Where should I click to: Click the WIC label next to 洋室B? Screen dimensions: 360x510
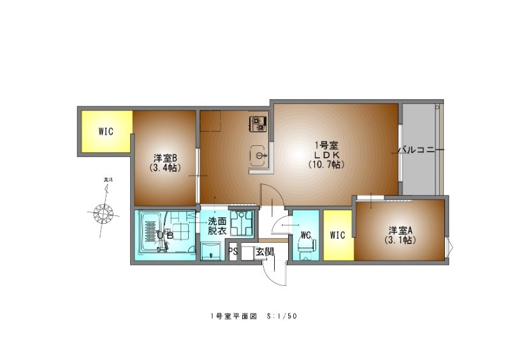click(x=106, y=132)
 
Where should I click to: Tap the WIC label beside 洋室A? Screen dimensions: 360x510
click(x=337, y=235)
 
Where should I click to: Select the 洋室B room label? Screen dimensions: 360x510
click(x=164, y=157)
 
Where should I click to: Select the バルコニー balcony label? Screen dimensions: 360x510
click(x=421, y=151)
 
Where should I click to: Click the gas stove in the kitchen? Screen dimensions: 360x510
click(x=257, y=122)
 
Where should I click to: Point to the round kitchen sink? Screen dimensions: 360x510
click(x=258, y=155)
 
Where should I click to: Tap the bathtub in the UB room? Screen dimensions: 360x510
click(x=152, y=233)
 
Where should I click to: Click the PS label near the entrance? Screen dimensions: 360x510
click(x=233, y=251)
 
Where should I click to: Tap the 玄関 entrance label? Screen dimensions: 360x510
click(x=265, y=252)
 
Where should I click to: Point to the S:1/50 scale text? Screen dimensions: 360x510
click(x=283, y=316)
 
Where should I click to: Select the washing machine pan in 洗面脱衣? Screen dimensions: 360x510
click(x=242, y=223)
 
